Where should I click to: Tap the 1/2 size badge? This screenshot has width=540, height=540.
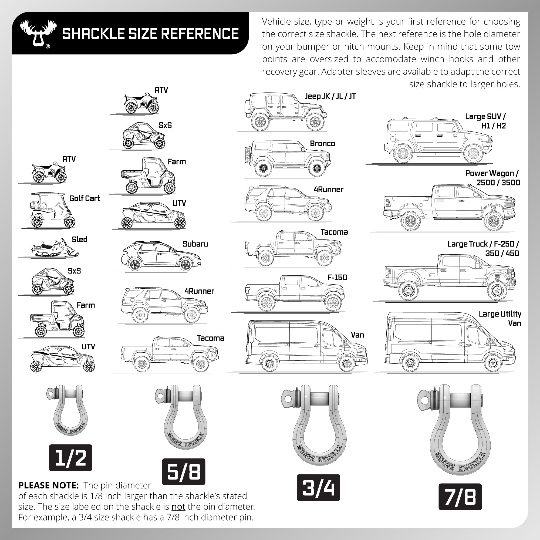click(x=70, y=458)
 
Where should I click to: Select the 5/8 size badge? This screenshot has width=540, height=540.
click(x=184, y=471)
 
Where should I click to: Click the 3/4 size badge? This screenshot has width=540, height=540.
click(x=318, y=487)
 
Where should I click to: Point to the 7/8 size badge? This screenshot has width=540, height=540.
click(x=460, y=497)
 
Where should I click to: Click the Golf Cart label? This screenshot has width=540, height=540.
click(x=85, y=198)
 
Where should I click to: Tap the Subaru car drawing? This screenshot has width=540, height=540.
click(x=161, y=256)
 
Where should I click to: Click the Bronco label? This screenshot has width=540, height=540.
click(x=322, y=144)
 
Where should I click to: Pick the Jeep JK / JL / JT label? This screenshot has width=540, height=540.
click(x=330, y=96)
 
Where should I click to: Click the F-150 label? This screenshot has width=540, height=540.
click(x=337, y=278)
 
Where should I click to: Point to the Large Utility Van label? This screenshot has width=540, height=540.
click(x=500, y=319)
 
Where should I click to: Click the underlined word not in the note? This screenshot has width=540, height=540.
click(x=178, y=507)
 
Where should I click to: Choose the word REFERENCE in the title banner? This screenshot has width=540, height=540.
click(x=200, y=33)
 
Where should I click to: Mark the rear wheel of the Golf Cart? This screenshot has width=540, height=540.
click(x=37, y=222)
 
